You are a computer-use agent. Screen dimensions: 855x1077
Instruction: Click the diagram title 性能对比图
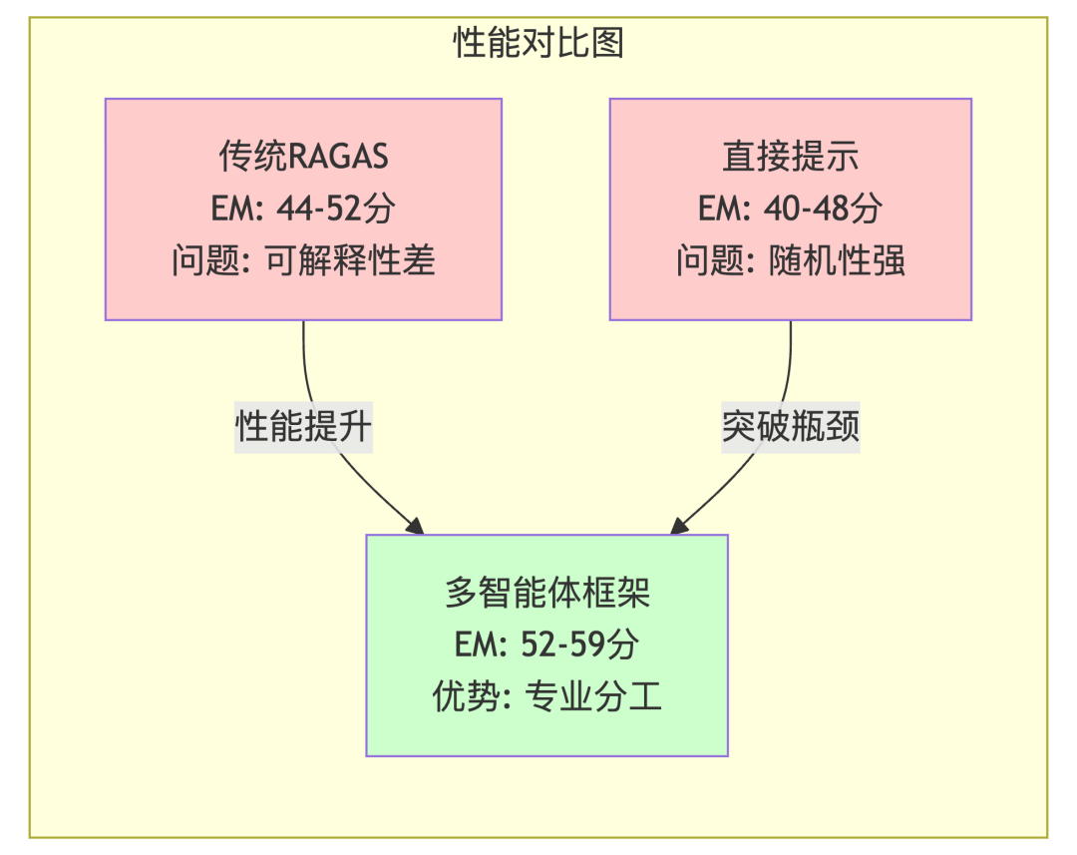538,44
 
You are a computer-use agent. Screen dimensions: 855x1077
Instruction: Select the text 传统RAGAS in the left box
303,157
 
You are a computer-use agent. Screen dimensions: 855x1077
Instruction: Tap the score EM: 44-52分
303,209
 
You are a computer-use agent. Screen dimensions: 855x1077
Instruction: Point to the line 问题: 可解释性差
303,260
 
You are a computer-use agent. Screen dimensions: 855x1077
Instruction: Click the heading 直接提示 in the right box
791,157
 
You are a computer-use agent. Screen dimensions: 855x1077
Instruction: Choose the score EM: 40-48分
791,209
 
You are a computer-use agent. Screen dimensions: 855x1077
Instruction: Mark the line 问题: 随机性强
791,260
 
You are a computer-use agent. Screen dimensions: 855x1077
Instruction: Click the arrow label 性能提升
303,427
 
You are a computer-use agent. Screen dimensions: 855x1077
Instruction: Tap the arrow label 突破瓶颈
791,427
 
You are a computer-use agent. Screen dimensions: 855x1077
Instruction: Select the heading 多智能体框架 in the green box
546,594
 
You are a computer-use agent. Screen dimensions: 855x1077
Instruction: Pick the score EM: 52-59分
546,644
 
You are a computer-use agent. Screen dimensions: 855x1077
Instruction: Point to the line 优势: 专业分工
546,696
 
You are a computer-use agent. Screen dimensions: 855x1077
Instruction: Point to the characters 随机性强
838,260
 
